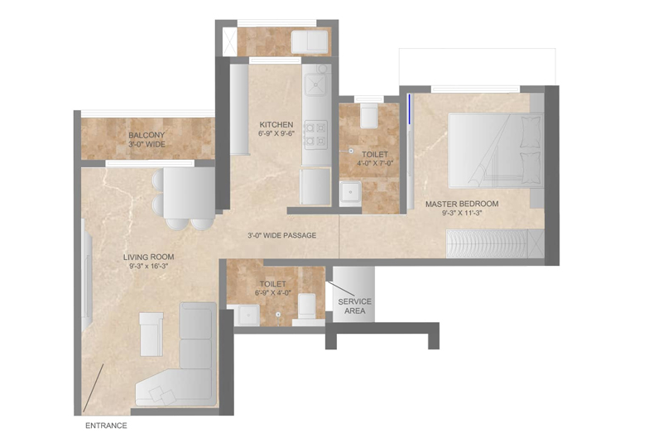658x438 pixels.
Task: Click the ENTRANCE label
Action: pos(106,426)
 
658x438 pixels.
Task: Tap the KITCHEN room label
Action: pos(276,125)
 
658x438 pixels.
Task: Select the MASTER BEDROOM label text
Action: pos(462,204)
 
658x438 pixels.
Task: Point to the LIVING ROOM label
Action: pos(148,257)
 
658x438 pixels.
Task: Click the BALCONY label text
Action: pos(146,135)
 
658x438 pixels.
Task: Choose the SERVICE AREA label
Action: pos(354,306)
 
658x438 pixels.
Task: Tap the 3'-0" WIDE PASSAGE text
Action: pos(282,236)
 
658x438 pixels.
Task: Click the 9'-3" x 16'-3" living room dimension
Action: pos(148,266)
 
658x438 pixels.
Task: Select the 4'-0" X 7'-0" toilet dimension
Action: pos(375,163)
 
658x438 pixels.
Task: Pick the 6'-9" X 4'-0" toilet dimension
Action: pos(273,293)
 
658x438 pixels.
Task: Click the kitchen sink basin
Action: pos(315,85)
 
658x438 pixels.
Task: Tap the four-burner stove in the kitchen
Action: pos(315,134)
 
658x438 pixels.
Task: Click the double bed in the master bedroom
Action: pos(495,150)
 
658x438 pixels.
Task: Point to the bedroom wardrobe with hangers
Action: pos(487,243)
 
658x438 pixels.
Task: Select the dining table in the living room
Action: pos(190,193)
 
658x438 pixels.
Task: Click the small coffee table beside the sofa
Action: pos(151,335)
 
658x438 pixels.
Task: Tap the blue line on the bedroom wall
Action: pos(410,109)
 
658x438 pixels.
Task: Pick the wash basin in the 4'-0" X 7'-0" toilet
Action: pos(350,193)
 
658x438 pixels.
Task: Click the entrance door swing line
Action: pos(94,388)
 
